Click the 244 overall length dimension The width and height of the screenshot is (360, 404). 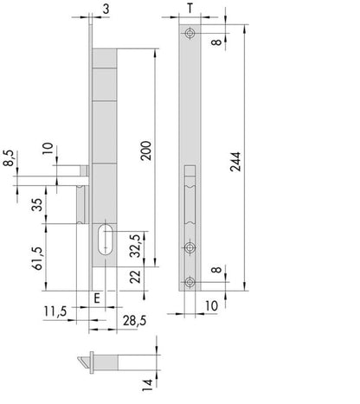(235, 162)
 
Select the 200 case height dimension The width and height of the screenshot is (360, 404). (146, 151)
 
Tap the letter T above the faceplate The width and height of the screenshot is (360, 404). (190, 9)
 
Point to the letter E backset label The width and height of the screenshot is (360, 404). (97, 298)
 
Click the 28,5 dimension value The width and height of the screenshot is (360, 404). (134, 321)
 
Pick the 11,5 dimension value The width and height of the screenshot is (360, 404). (55, 311)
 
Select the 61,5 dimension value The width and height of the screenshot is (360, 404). (38, 259)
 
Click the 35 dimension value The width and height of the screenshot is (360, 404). (37, 204)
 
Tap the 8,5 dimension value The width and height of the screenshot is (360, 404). (9, 158)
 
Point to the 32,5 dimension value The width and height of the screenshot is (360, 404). (135, 246)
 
